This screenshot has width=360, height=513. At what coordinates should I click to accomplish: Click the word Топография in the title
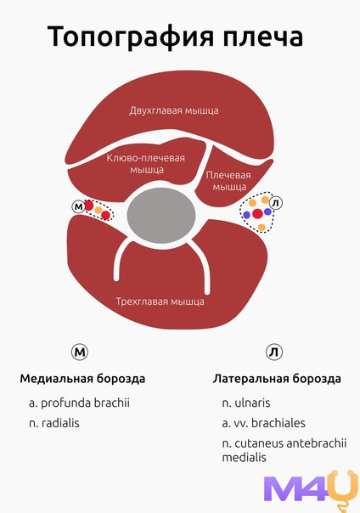click(131, 37)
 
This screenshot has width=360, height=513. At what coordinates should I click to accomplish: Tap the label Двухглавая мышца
click(174, 110)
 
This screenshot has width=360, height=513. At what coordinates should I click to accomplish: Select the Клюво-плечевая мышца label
click(146, 164)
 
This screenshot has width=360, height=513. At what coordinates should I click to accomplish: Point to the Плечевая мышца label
click(228, 181)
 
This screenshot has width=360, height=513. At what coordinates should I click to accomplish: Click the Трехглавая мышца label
click(160, 302)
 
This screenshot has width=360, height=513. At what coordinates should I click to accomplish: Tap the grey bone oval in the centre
click(160, 215)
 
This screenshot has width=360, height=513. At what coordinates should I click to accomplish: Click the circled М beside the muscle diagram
click(78, 206)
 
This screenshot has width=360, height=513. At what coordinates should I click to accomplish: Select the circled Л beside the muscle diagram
click(276, 203)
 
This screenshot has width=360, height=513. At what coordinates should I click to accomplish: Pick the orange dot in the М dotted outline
click(98, 211)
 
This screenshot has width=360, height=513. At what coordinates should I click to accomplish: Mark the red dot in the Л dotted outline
click(257, 214)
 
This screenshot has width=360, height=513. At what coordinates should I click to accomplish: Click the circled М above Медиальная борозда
click(80, 352)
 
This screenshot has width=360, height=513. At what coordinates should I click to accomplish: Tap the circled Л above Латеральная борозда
click(274, 352)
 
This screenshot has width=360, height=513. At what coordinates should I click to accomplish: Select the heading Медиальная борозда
click(82, 379)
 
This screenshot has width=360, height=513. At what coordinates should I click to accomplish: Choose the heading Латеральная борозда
click(277, 379)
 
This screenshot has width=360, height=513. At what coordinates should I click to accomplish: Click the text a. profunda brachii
click(79, 403)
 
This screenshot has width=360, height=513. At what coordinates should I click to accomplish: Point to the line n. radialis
click(54, 423)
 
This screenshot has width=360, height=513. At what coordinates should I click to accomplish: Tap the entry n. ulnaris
click(246, 403)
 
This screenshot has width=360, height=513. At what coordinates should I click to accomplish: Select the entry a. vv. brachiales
click(263, 423)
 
